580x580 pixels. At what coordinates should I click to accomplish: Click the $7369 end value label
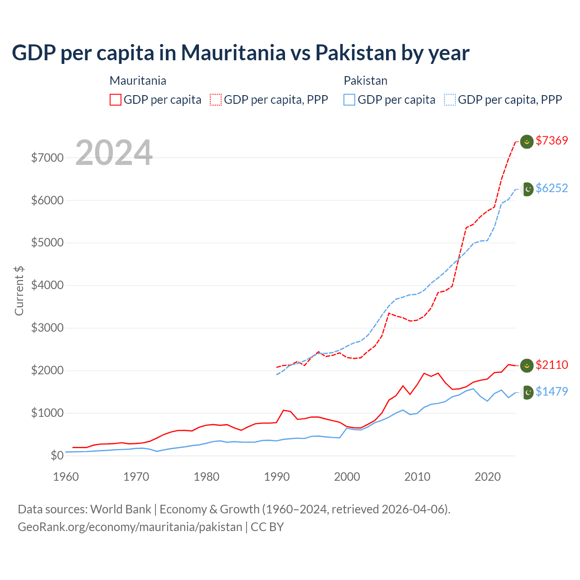click(x=551, y=141)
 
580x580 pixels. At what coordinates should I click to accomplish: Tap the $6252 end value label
click(x=551, y=188)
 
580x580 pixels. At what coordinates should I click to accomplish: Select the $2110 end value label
click(x=551, y=365)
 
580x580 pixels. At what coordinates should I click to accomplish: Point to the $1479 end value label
click(x=551, y=392)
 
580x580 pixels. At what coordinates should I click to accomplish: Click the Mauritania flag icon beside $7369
click(x=527, y=142)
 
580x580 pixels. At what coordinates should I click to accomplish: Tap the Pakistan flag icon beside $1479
click(x=527, y=392)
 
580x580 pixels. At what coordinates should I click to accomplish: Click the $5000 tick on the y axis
click(x=47, y=243)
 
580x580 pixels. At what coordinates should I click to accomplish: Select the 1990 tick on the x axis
click(x=277, y=477)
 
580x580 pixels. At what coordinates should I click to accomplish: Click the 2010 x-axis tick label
click(x=417, y=477)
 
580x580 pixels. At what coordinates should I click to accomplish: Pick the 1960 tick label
click(x=66, y=477)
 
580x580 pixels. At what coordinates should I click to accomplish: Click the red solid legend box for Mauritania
click(x=116, y=100)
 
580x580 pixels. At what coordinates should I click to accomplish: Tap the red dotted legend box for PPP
click(x=216, y=100)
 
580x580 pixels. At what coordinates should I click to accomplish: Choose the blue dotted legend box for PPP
click(x=450, y=100)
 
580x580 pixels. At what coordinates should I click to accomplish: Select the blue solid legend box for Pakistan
click(x=349, y=100)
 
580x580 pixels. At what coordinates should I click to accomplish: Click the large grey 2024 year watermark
click(x=114, y=153)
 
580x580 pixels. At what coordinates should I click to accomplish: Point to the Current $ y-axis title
click(x=19, y=291)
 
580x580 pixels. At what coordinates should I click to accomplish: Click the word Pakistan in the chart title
click(x=356, y=53)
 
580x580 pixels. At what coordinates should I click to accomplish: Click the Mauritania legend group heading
click(x=138, y=81)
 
